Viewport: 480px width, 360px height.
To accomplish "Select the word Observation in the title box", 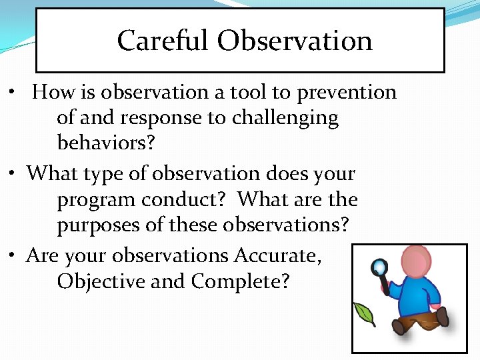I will [295, 41].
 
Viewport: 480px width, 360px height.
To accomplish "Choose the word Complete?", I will [240, 281].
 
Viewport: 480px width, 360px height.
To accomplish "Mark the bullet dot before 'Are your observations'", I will [16, 257].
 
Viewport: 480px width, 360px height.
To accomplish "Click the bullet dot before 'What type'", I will [16, 174].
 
